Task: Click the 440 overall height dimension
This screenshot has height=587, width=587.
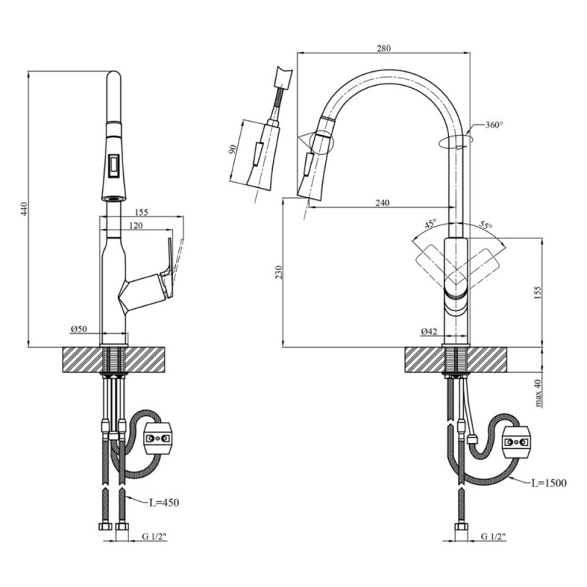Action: click(x=23, y=208)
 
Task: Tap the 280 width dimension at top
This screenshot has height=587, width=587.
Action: click(x=384, y=48)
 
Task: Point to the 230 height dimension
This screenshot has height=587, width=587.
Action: click(x=277, y=272)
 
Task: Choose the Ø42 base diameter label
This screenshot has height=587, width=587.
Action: click(x=429, y=332)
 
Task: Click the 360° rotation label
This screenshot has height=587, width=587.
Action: click(x=494, y=125)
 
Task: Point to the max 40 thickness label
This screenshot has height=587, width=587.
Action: click(x=538, y=393)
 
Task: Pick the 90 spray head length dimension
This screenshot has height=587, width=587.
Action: click(x=233, y=150)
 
